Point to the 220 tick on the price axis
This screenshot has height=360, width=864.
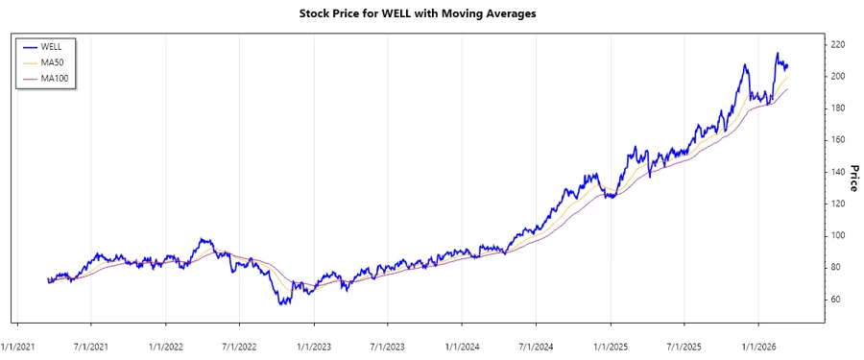838,45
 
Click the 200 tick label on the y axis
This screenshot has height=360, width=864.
838,77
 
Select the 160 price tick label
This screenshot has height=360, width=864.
838,140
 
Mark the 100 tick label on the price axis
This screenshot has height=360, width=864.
838,235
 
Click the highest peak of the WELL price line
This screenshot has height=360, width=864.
777,54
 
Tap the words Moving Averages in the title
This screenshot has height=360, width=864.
499,13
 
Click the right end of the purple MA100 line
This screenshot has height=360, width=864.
788,89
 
